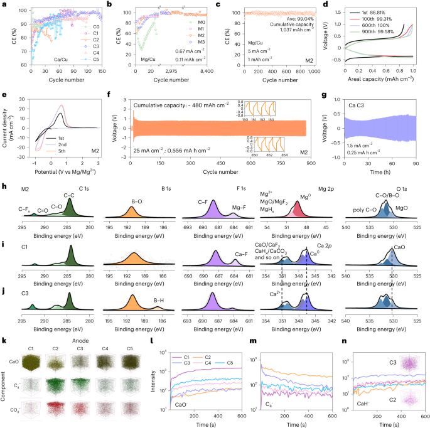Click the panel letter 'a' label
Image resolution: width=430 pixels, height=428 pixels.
coord(4,4)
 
